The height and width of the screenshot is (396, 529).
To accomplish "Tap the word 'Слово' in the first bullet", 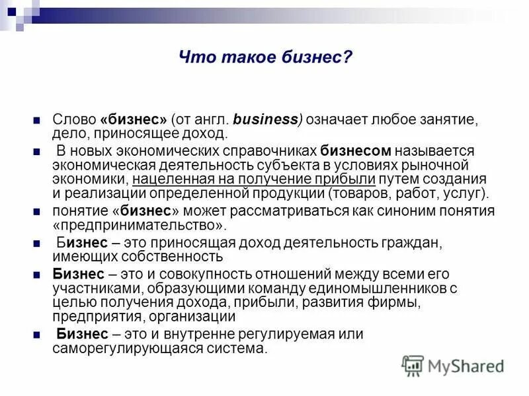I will pos(74,120).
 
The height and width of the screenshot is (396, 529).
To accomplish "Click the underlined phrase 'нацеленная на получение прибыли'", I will pos(254,180).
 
